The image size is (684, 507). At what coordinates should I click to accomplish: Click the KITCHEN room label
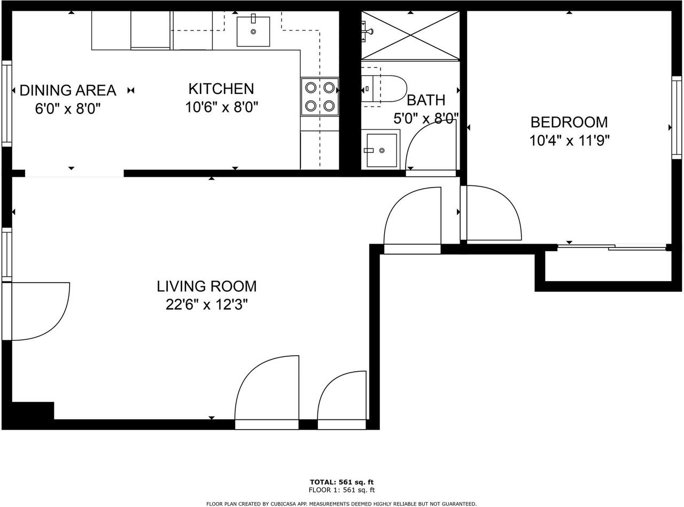pyautogui.click(x=221, y=89)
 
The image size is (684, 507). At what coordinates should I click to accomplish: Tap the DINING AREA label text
pyautogui.click(x=68, y=90)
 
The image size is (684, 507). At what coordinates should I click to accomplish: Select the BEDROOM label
pyautogui.click(x=569, y=122)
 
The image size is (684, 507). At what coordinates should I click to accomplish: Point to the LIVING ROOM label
pyautogui.click(x=206, y=286)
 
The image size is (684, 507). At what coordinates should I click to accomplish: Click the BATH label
pyautogui.click(x=425, y=100)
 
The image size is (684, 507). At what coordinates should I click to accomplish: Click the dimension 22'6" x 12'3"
pyautogui.click(x=206, y=305)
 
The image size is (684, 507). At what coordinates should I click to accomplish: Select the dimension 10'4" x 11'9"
pyautogui.click(x=569, y=141)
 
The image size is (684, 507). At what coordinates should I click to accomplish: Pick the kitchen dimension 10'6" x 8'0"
pyautogui.click(x=221, y=107)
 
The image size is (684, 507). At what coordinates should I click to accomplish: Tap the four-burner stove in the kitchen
pyautogui.click(x=320, y=97)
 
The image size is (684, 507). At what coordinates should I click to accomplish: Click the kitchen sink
pyautogui.click(x=253, y=32)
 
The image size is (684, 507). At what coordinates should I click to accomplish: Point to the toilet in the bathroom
pyautogui.click(x=384, y=89)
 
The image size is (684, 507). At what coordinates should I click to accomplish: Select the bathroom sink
pyautogui.click(x=382, y=150)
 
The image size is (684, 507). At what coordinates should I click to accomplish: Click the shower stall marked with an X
pyautogui.click(x=410, y=35)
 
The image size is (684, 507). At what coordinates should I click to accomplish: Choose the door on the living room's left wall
pyautogui.click(x=37, y=311)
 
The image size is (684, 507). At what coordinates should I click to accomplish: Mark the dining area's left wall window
pyautogui.click(x=7, y=103)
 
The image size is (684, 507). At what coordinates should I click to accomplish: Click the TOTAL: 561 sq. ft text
pyautogui.click(x=341, y=482)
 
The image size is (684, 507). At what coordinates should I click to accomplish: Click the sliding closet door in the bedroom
pyautogui.click(x=612, y=247)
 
